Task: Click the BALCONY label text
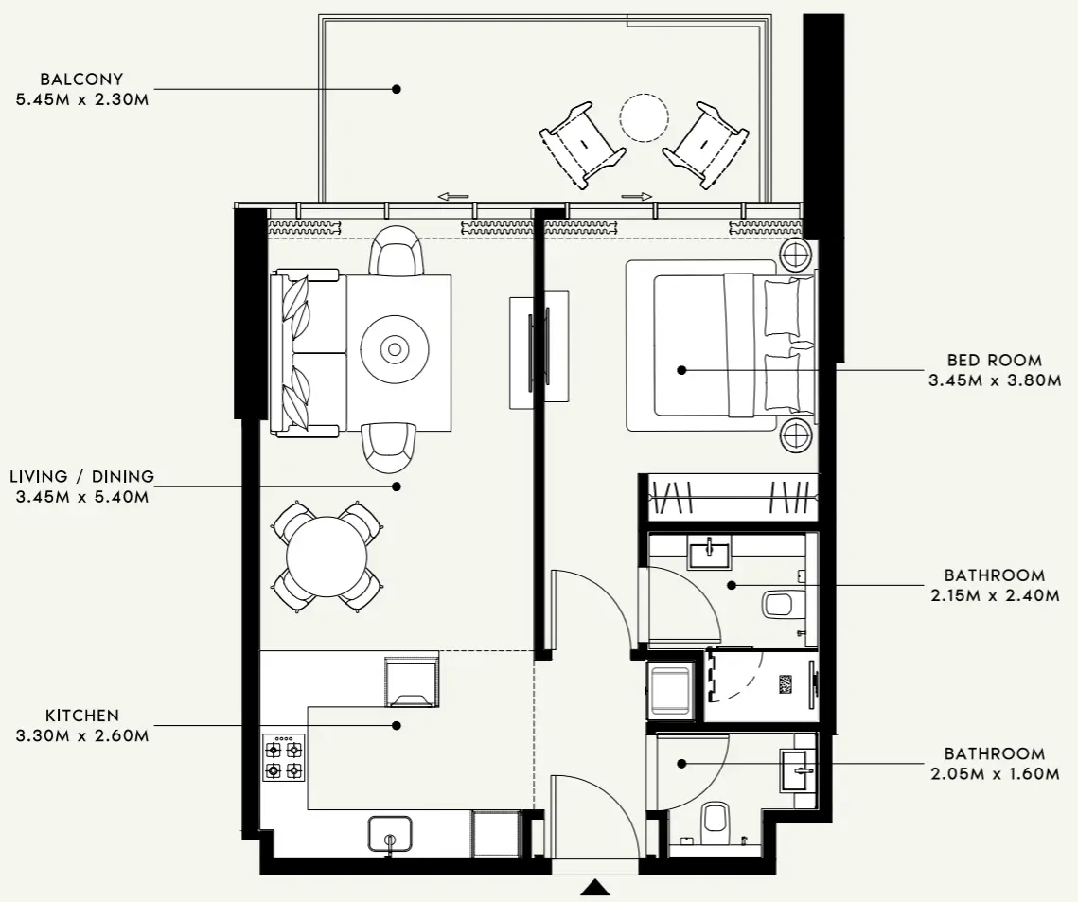tap(82, 80)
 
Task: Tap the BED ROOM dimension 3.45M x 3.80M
tap(995, 380)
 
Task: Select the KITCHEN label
tap(82, 716)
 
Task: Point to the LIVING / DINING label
tap(81, 476)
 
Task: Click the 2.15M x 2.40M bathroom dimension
tap(995, 595)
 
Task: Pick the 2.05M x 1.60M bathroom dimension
tap(995, 774)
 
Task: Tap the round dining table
tap(327, 556)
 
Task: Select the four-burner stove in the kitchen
tap(284, 758)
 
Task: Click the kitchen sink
tap(390, 834)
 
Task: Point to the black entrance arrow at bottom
tap(594, 887)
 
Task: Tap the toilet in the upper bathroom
tap(781, 603)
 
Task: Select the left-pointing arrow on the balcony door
tap(453, 197)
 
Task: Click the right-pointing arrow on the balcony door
tap(637, 197)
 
